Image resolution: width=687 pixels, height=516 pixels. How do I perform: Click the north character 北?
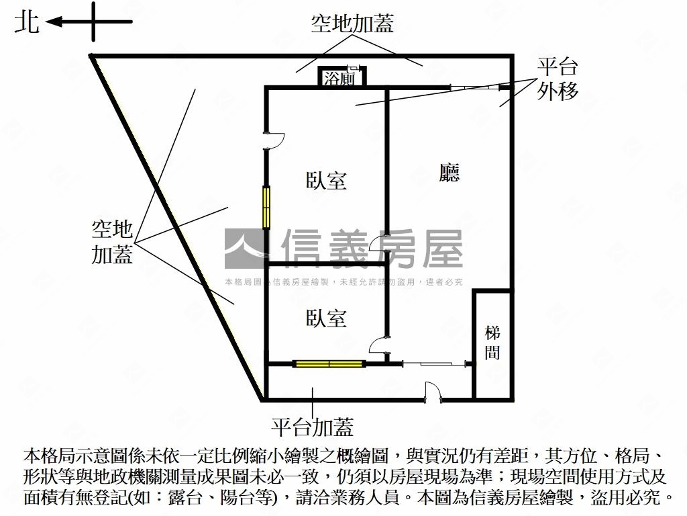click(27, 22)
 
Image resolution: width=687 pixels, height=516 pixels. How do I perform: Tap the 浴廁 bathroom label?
click(339, 79)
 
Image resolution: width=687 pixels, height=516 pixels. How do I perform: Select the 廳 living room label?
click(449, 173)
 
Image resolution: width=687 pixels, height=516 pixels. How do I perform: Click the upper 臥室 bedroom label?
click(326, 181)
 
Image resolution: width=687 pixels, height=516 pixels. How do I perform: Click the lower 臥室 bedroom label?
click(326, 318)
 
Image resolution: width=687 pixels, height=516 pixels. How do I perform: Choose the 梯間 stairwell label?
click(492, 342)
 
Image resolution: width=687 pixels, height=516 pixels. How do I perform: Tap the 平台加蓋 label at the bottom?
click(312, 427)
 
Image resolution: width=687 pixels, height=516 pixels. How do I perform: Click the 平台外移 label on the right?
click(557, 79)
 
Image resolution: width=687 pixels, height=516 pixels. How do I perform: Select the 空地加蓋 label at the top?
click(352, 24)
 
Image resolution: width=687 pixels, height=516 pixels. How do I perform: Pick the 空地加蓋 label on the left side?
click(113, 242)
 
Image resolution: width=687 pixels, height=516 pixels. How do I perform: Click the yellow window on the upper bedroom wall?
click(266, 206)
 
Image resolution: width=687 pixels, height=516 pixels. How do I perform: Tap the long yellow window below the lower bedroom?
click(329, 364)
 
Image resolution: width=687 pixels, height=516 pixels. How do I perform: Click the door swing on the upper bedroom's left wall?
click(275, 139)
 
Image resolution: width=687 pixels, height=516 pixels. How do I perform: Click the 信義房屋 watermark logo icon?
click(245, 249)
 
